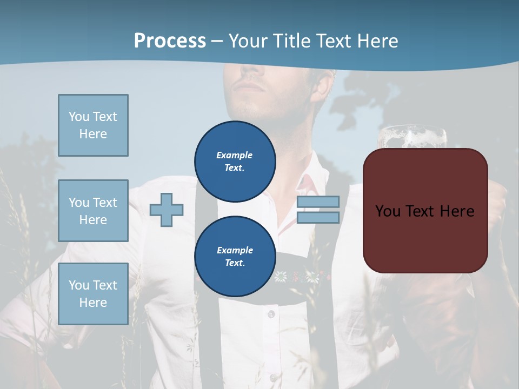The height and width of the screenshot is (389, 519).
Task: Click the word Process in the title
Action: pyautogui.click(x=170, y=41)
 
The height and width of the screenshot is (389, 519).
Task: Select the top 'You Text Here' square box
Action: pyautogui.click(x=93, y=125)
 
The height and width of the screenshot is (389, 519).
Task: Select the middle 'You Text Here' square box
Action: pyautogui.click(x=93, y=211)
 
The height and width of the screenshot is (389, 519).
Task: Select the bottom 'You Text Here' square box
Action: pyautogui.click(x=93, y=294)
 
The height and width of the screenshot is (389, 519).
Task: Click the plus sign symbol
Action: pyautogui.click(x=167, y=209)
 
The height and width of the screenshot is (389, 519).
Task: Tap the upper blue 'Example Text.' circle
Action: pyautogui.click(x=235, y=161)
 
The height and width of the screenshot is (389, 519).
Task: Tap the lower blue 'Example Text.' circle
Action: pyautogui.click(x=235, y=256)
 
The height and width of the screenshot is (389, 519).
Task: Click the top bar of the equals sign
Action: pyautogui.click(x=318, y=202)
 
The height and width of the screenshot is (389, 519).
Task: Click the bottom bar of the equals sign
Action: pyautogui.click(x=318, y=217)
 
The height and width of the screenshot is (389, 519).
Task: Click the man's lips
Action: pyautogui.click(x=250, y=86)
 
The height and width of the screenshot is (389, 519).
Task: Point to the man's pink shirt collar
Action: pyautogui.click(x=303, y=184)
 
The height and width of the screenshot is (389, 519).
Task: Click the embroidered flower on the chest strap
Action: pyautogui.click(x=280, y=278)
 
